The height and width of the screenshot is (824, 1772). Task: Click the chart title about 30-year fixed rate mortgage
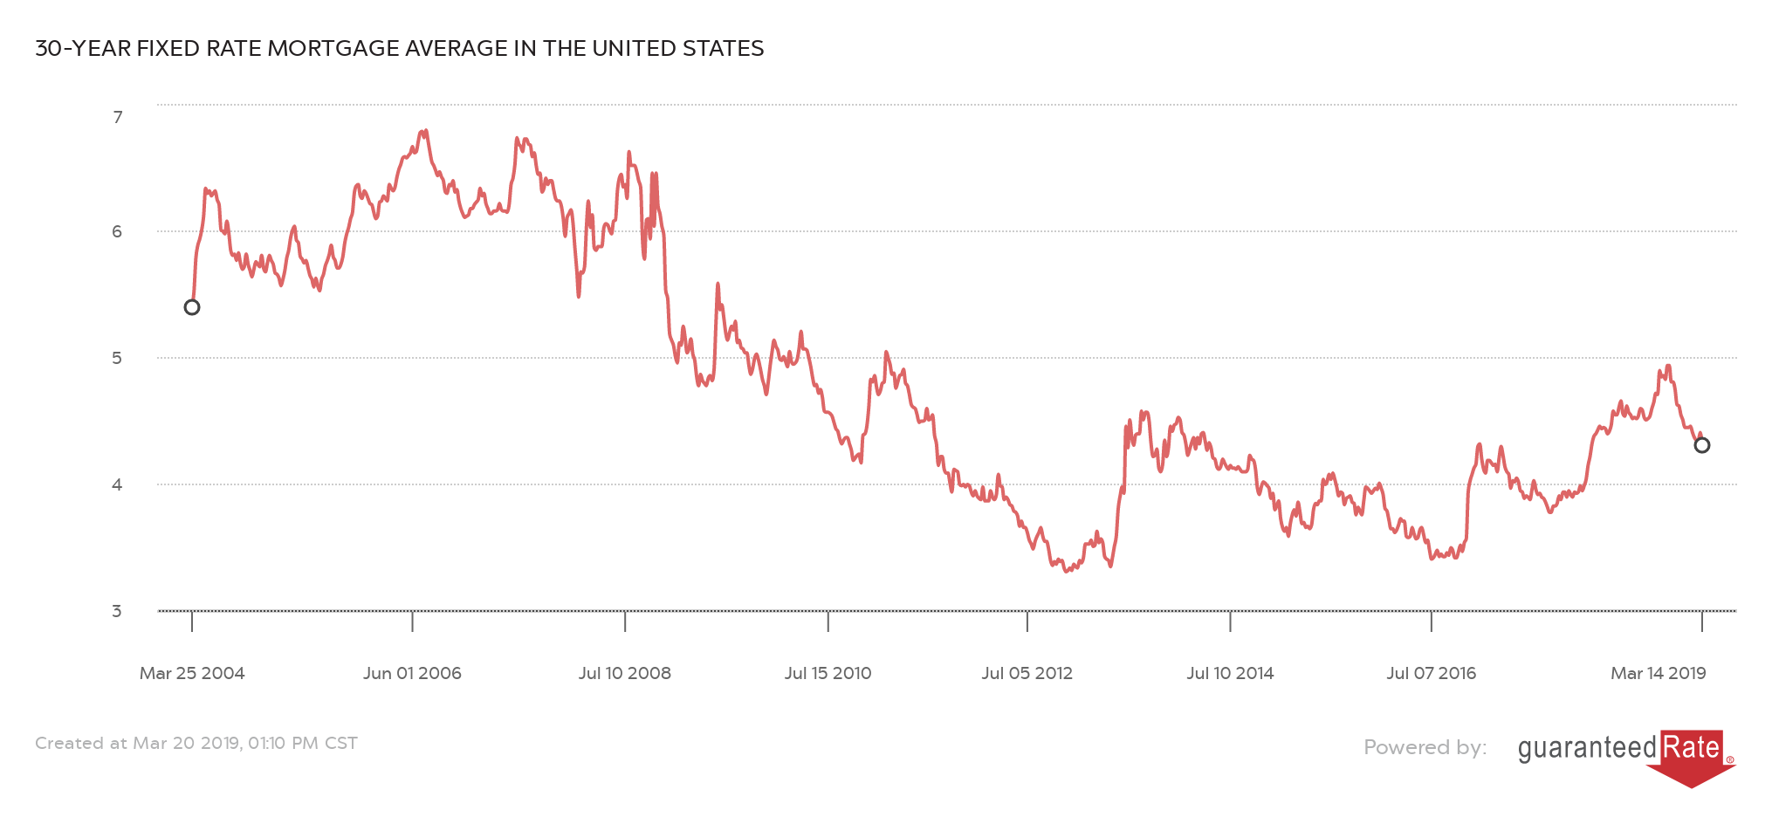[399, 49]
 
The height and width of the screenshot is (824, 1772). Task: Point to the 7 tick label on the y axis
[118, 117]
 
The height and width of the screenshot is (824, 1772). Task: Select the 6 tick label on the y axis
[117, 231]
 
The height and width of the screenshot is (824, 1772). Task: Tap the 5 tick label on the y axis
[117, 358]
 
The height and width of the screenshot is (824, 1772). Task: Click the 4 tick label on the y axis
[117, 484]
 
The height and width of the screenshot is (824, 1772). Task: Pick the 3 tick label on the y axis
[117, 611]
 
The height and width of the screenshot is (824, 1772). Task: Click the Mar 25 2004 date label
[192, 673]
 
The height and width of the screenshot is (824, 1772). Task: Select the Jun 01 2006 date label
[412, 673]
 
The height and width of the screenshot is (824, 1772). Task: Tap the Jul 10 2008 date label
[625, 673]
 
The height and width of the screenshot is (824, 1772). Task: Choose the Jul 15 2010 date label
[828, 673]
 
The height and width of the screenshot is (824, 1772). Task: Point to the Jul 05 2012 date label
[1027, 673]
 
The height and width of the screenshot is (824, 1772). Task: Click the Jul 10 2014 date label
[1230, 673]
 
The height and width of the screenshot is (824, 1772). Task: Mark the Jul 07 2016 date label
[1431, 673]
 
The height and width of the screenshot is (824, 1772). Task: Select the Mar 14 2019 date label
[1658, 673]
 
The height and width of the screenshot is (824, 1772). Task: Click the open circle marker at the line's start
[192, 307]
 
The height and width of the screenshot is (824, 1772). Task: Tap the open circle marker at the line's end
[1702, 445]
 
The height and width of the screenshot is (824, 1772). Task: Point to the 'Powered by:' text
[1425, 747]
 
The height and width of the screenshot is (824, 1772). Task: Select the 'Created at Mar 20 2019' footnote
[196, 743]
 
